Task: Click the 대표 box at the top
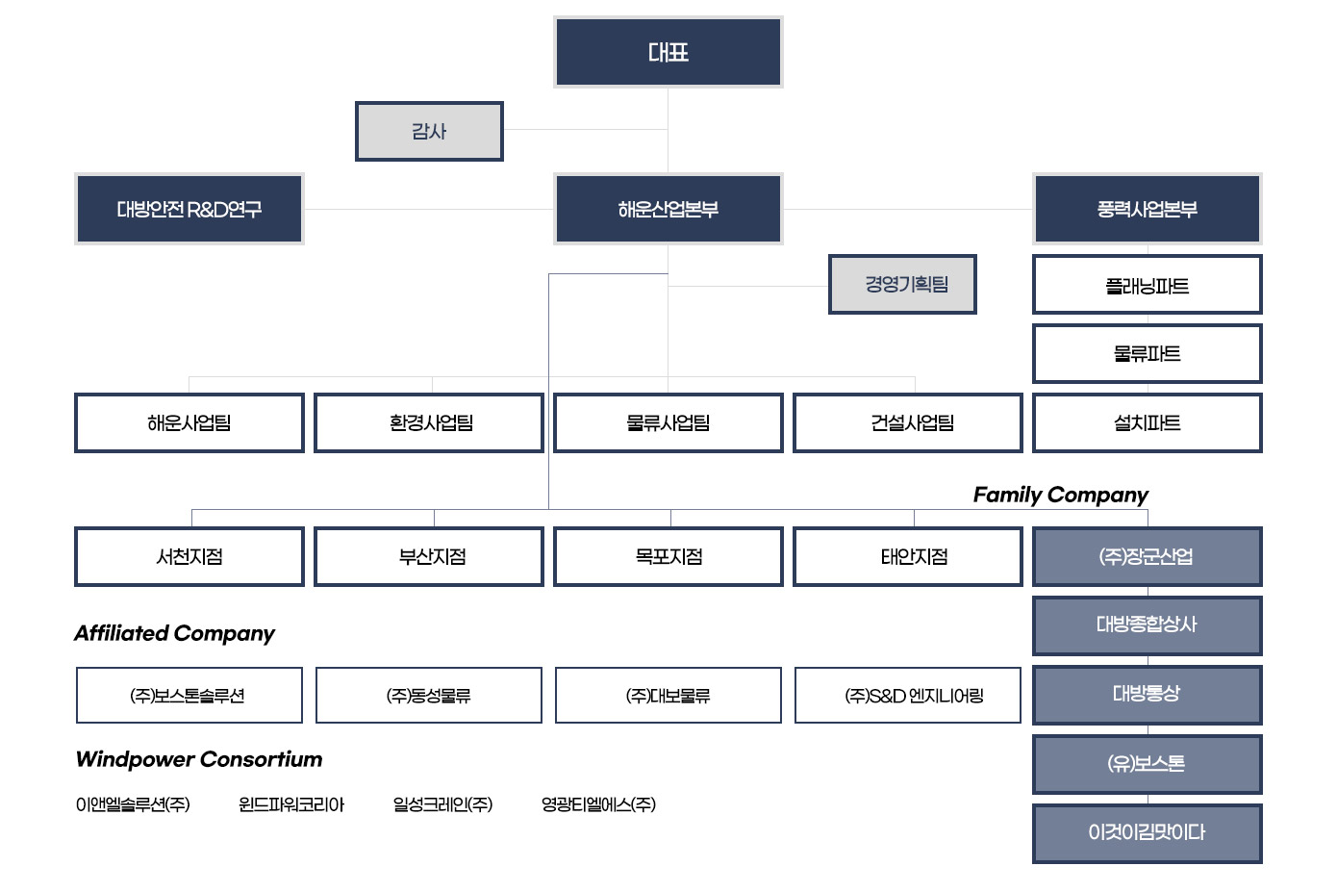[668, 52]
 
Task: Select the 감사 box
[429, 132]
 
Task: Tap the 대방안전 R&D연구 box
[189, 209]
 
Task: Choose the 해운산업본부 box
[668, 209]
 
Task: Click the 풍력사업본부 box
[1147, 209]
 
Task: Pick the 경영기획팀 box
[902, 284]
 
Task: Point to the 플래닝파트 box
[1147, 285]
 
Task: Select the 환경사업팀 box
[429, 422]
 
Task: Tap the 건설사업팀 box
[907, 422]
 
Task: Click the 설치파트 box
[1147, 422]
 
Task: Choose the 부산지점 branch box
[429, 556]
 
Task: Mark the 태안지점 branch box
[907, 556]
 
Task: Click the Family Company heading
[1060, 495]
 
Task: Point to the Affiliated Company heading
[174, 633]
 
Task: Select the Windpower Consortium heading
[198, 759]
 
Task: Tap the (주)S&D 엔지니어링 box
[907, 695]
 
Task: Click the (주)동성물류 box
[429, 695]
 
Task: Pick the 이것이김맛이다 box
[1147, 832]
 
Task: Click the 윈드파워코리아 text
[290, 804]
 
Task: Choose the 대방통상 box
[1147, 694]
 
